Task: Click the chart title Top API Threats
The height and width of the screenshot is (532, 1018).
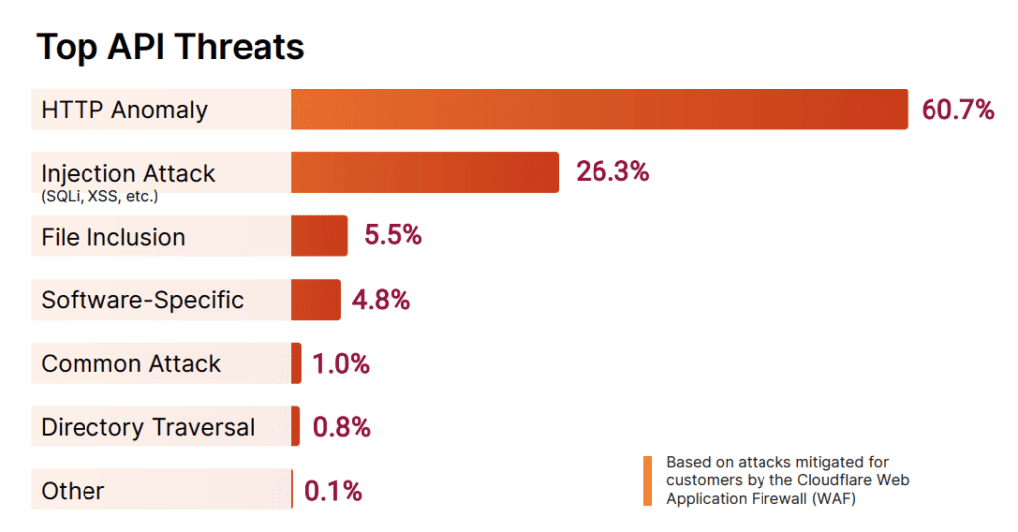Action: pos(170,47)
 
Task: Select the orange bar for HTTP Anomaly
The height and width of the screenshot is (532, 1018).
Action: pos(598,109)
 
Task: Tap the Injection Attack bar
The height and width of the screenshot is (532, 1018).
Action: pos(424,172)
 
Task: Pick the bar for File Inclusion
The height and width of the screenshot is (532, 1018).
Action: pos(319,236)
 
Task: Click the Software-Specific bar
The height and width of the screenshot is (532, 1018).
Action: pos(315,299)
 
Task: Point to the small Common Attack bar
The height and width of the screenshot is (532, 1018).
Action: pos(296,363)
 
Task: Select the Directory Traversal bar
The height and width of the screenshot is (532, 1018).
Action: pos(295,427)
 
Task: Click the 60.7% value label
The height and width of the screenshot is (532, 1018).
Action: pos(957,110)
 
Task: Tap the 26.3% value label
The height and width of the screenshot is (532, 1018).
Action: pos(612,172)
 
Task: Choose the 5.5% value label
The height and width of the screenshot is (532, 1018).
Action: pos(393,236)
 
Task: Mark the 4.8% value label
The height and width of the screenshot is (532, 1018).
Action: pos(381,299)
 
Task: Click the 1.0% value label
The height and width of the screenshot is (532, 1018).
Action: pos(341,364)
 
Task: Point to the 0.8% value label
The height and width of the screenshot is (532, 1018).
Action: pos(341,428)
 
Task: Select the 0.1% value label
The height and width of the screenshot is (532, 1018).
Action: pos(333,491)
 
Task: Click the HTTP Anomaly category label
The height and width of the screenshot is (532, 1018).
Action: pos(124,110)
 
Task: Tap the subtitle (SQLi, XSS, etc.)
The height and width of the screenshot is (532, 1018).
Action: pos(99,197)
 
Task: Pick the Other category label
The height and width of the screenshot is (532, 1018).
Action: pos(73,491)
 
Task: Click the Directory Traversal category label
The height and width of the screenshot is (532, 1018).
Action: pos(147,428)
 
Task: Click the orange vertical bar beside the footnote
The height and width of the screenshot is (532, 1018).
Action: pos(648,481)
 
